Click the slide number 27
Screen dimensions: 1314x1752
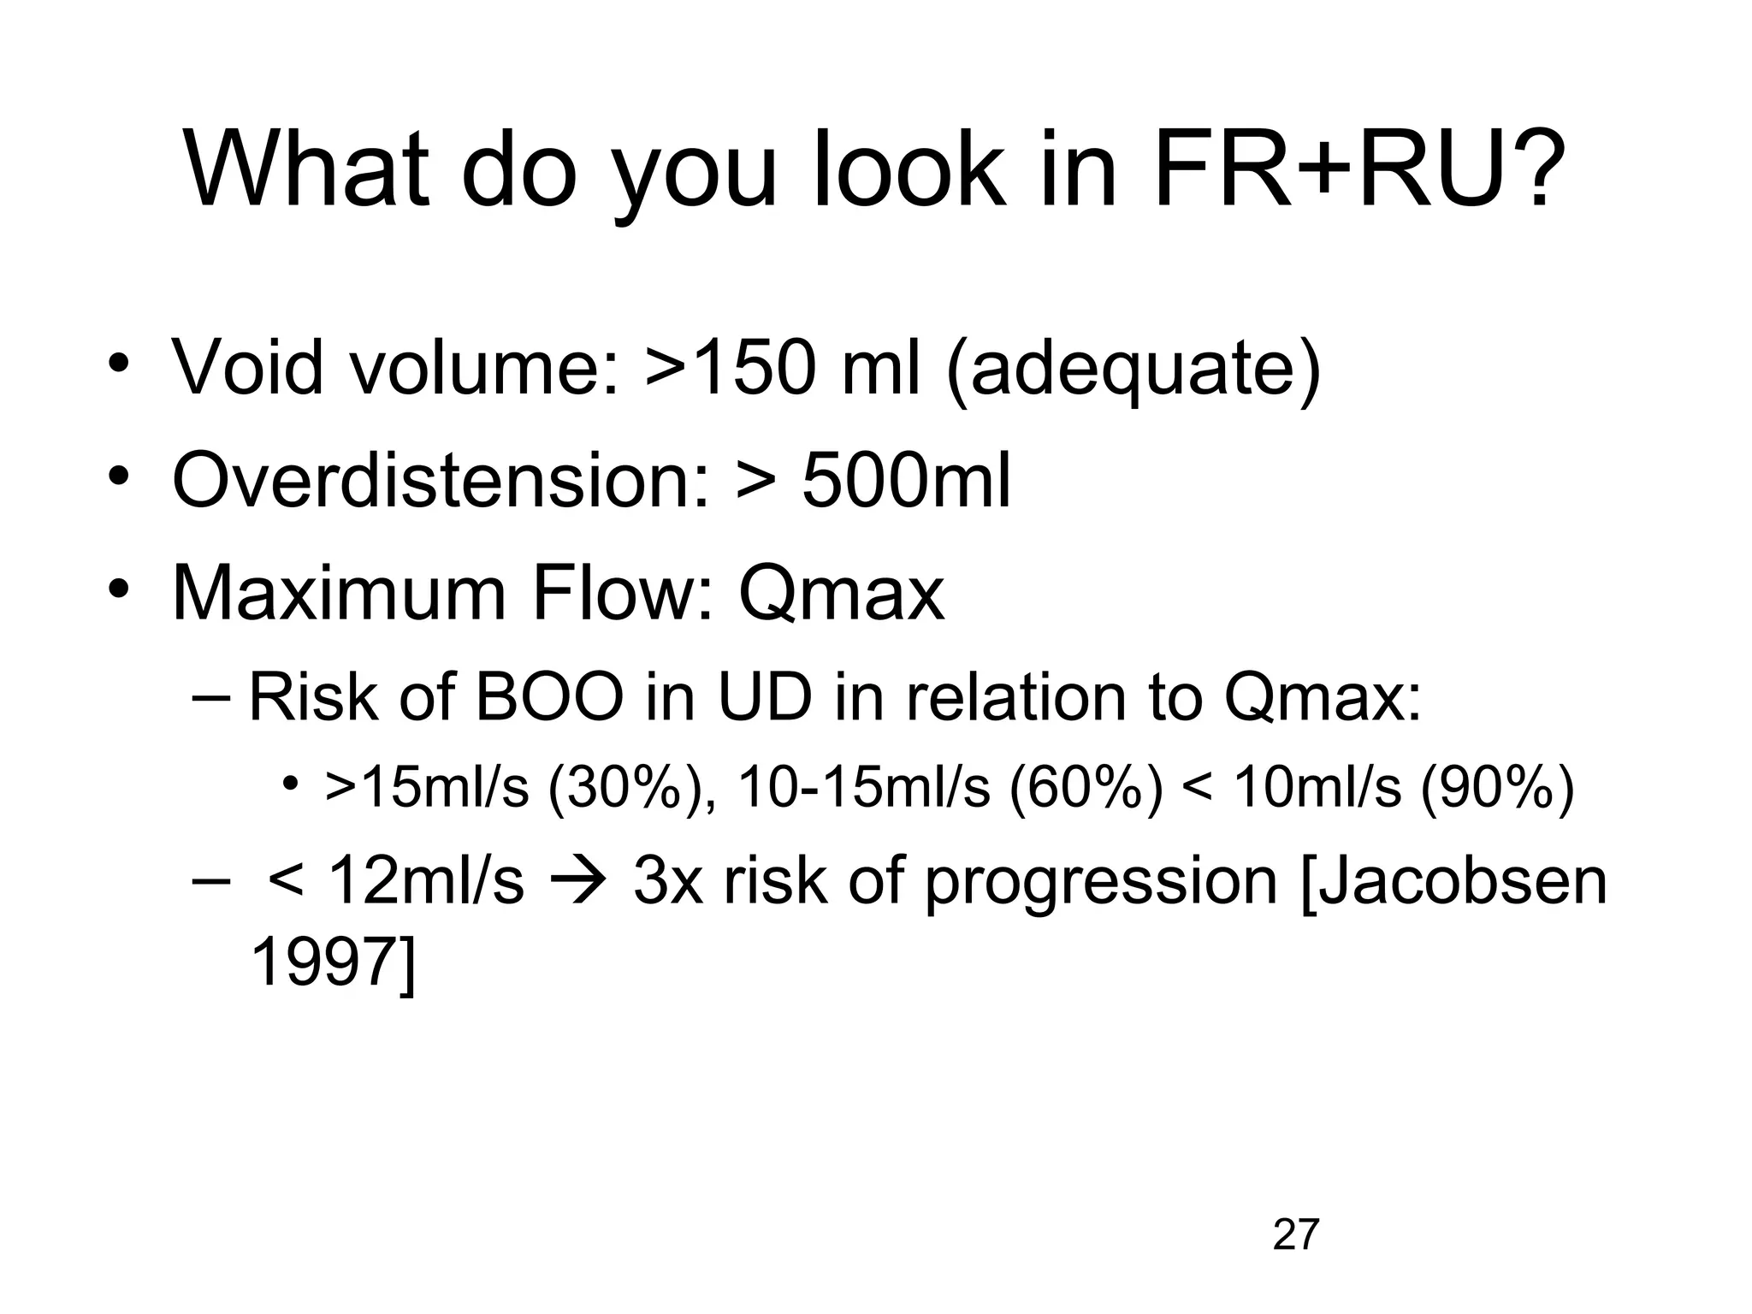[x=1295, y=1235]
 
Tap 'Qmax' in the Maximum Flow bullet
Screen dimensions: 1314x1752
[x=841, y=594]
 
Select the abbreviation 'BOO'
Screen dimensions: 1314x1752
[x=548, y=696]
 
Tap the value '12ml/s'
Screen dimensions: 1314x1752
[x=424, y=881]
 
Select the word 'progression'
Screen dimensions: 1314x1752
[x=1101, y=883]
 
